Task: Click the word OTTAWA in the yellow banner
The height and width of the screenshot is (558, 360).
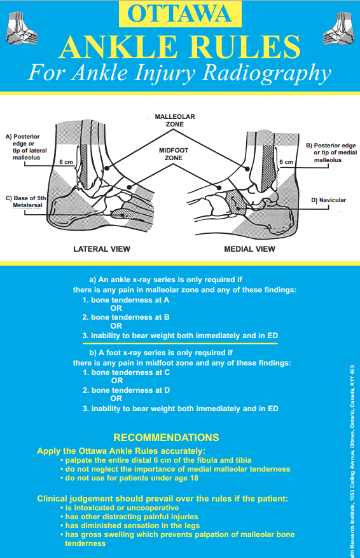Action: (179, 13)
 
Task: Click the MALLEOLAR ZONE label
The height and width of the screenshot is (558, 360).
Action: (175, 121)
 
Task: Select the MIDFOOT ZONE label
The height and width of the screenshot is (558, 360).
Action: (174, 153)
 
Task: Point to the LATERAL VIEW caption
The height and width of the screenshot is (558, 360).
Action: (102, 248)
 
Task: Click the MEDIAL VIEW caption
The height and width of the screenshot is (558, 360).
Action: (250, 248)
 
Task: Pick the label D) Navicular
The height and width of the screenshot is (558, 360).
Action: (328, 200)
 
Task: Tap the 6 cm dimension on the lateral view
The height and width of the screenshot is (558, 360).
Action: (66, 163)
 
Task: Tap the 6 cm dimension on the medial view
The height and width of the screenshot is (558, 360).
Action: (287, 163)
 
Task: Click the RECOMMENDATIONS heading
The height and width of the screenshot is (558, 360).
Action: (165, 437)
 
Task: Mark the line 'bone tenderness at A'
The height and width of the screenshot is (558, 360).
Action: (126, 299)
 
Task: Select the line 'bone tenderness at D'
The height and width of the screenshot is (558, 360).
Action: (126, 390)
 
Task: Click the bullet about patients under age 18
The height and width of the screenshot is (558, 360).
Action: (128, 477)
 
